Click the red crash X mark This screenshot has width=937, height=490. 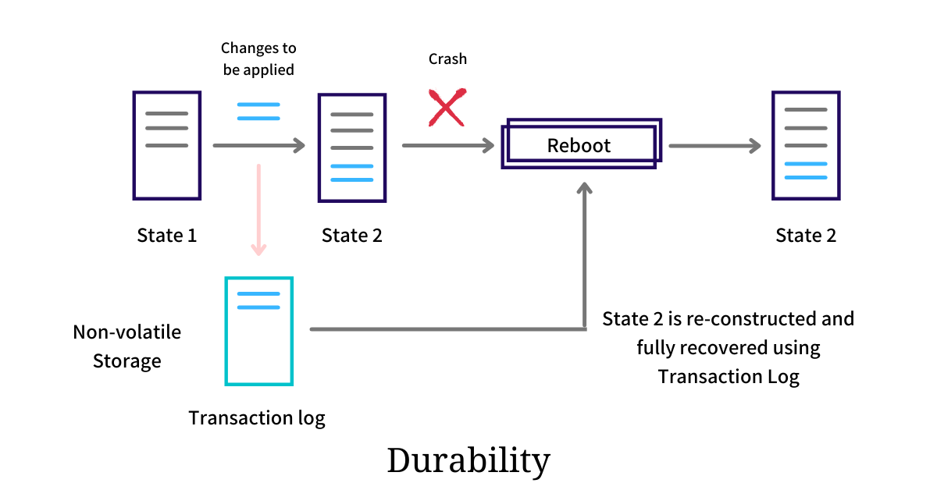point(447,108)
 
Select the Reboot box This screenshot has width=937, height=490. point(579,144)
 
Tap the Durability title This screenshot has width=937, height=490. point(468,460)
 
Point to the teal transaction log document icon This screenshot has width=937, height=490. point(258,331)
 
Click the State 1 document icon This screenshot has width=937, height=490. point(166,145)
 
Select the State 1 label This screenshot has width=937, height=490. point(166,236)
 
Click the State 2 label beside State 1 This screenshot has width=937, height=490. point(352,236)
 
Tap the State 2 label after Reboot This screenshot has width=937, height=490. point(806,236)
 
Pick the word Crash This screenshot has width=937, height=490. point(447,59)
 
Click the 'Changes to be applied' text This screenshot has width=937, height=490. point(258,59)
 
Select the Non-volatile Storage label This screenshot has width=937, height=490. point(126,346)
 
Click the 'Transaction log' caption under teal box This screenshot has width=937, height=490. point(257,417)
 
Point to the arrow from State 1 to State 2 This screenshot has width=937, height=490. point(258,145)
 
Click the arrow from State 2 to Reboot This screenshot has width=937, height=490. point(448,145)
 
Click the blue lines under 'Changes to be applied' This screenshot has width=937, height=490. point(258,112)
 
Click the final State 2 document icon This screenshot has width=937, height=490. point(806,146)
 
